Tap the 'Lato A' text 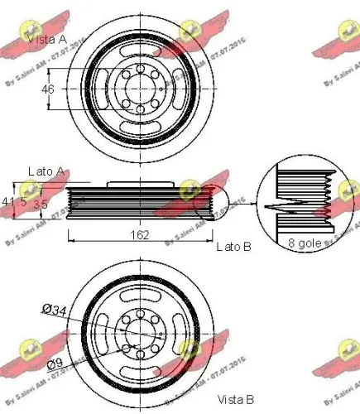pyautogui.click(x=46, y=171)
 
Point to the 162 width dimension pyautogui.click(x=140, y=235)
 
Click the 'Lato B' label pyautogui.click(x=233, y=247)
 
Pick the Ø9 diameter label pyautogui.click(x=55, y=362)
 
